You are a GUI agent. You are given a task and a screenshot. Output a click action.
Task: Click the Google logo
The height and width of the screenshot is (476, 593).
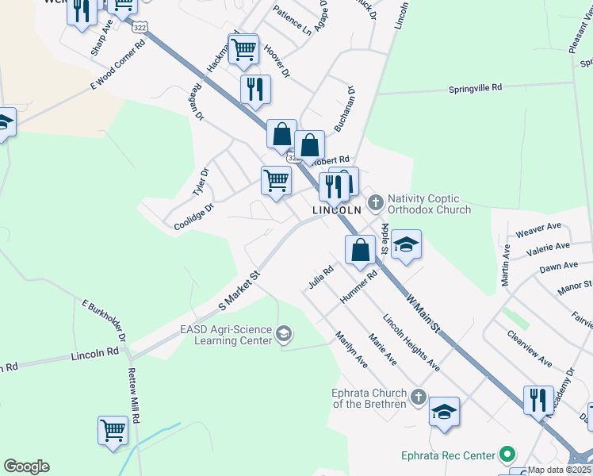26,466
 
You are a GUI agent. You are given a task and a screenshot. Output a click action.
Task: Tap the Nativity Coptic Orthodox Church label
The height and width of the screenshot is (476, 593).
429,203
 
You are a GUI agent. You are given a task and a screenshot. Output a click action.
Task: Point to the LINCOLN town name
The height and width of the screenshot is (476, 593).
336,210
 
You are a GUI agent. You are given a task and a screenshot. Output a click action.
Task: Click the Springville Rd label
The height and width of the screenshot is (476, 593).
475,88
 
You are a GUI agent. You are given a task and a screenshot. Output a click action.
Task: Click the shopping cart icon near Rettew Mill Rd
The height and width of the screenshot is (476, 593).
113,431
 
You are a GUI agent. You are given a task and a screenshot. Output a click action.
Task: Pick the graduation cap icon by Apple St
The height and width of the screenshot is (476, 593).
406,244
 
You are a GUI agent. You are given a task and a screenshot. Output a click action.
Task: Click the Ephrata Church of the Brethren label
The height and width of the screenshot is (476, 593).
369,397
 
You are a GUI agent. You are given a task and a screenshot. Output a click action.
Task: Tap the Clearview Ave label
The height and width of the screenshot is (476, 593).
529,348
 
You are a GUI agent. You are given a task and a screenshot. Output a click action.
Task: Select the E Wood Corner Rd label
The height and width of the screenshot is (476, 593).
119,65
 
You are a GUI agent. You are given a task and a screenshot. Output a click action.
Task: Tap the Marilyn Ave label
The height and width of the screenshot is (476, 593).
351,349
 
